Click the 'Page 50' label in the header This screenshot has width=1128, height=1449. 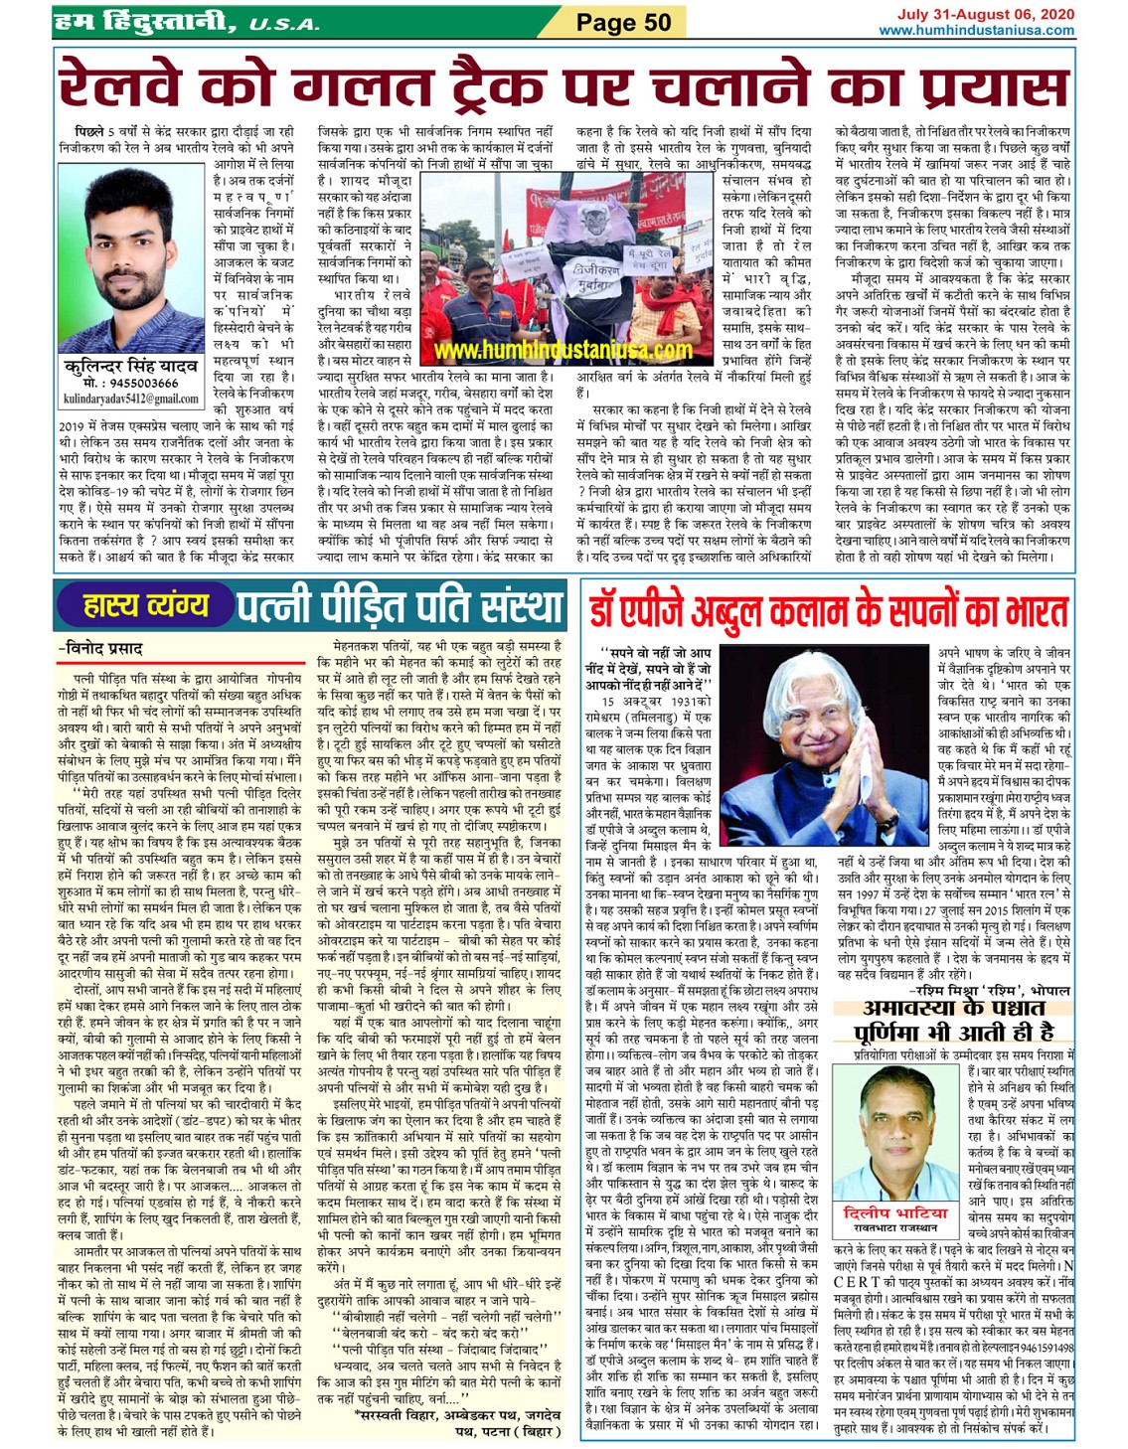click(623, 22)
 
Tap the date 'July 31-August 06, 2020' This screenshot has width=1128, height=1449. click(985, 14)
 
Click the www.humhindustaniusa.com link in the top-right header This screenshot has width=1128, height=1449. click(976, 30)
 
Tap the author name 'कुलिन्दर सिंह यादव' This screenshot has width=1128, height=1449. click(129, 367)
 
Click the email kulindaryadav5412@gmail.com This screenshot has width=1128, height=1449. click(130, 399)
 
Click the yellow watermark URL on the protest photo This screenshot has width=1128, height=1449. click(564, 351)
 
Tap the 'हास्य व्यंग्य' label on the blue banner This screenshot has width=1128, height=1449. click(146, 604)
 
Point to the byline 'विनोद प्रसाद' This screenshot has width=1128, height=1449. click(102, 649)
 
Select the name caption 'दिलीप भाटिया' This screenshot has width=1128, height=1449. click(895, 1213)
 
